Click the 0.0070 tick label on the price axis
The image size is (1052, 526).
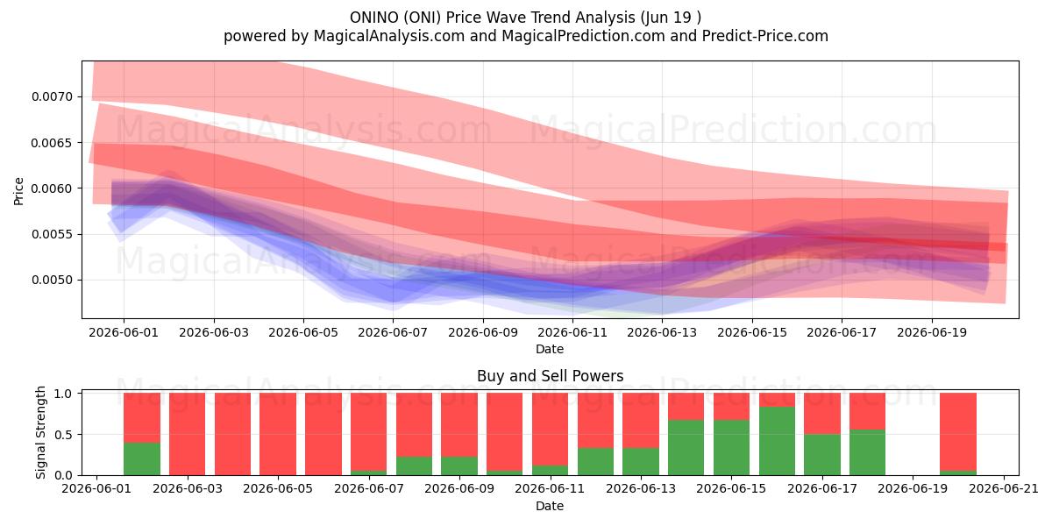(x=52, y=96)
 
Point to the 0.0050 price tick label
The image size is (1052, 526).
(x=52, y=280)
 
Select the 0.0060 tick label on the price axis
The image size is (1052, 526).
(x=52, y=188)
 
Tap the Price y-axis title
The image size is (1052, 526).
(x=18, y=191)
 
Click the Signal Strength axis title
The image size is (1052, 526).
(x=41, y=432)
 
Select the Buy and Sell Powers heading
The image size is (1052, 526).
(x=550, y=376)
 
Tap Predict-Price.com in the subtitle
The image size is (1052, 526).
(x=765, y=36)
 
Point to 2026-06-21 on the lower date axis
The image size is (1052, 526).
(x=1004, y=489)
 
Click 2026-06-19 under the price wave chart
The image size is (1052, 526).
(x=932, y=332)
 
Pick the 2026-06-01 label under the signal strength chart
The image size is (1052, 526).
(x=96, y=489)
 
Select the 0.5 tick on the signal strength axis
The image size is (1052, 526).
(x=63, y=435)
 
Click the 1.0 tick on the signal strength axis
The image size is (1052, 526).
(x=63, y=394)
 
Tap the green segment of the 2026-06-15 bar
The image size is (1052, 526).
(x=732, y=448)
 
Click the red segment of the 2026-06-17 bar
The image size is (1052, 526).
(x=822, y=414)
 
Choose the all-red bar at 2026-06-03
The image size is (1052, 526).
(x=188, y=434)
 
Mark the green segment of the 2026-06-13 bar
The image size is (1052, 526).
(x=641, y=462)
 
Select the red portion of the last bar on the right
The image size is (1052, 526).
(x=958, y=432)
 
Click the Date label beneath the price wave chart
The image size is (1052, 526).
(x=550, y=349)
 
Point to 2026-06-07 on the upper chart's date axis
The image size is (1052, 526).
(x=393, y=332)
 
